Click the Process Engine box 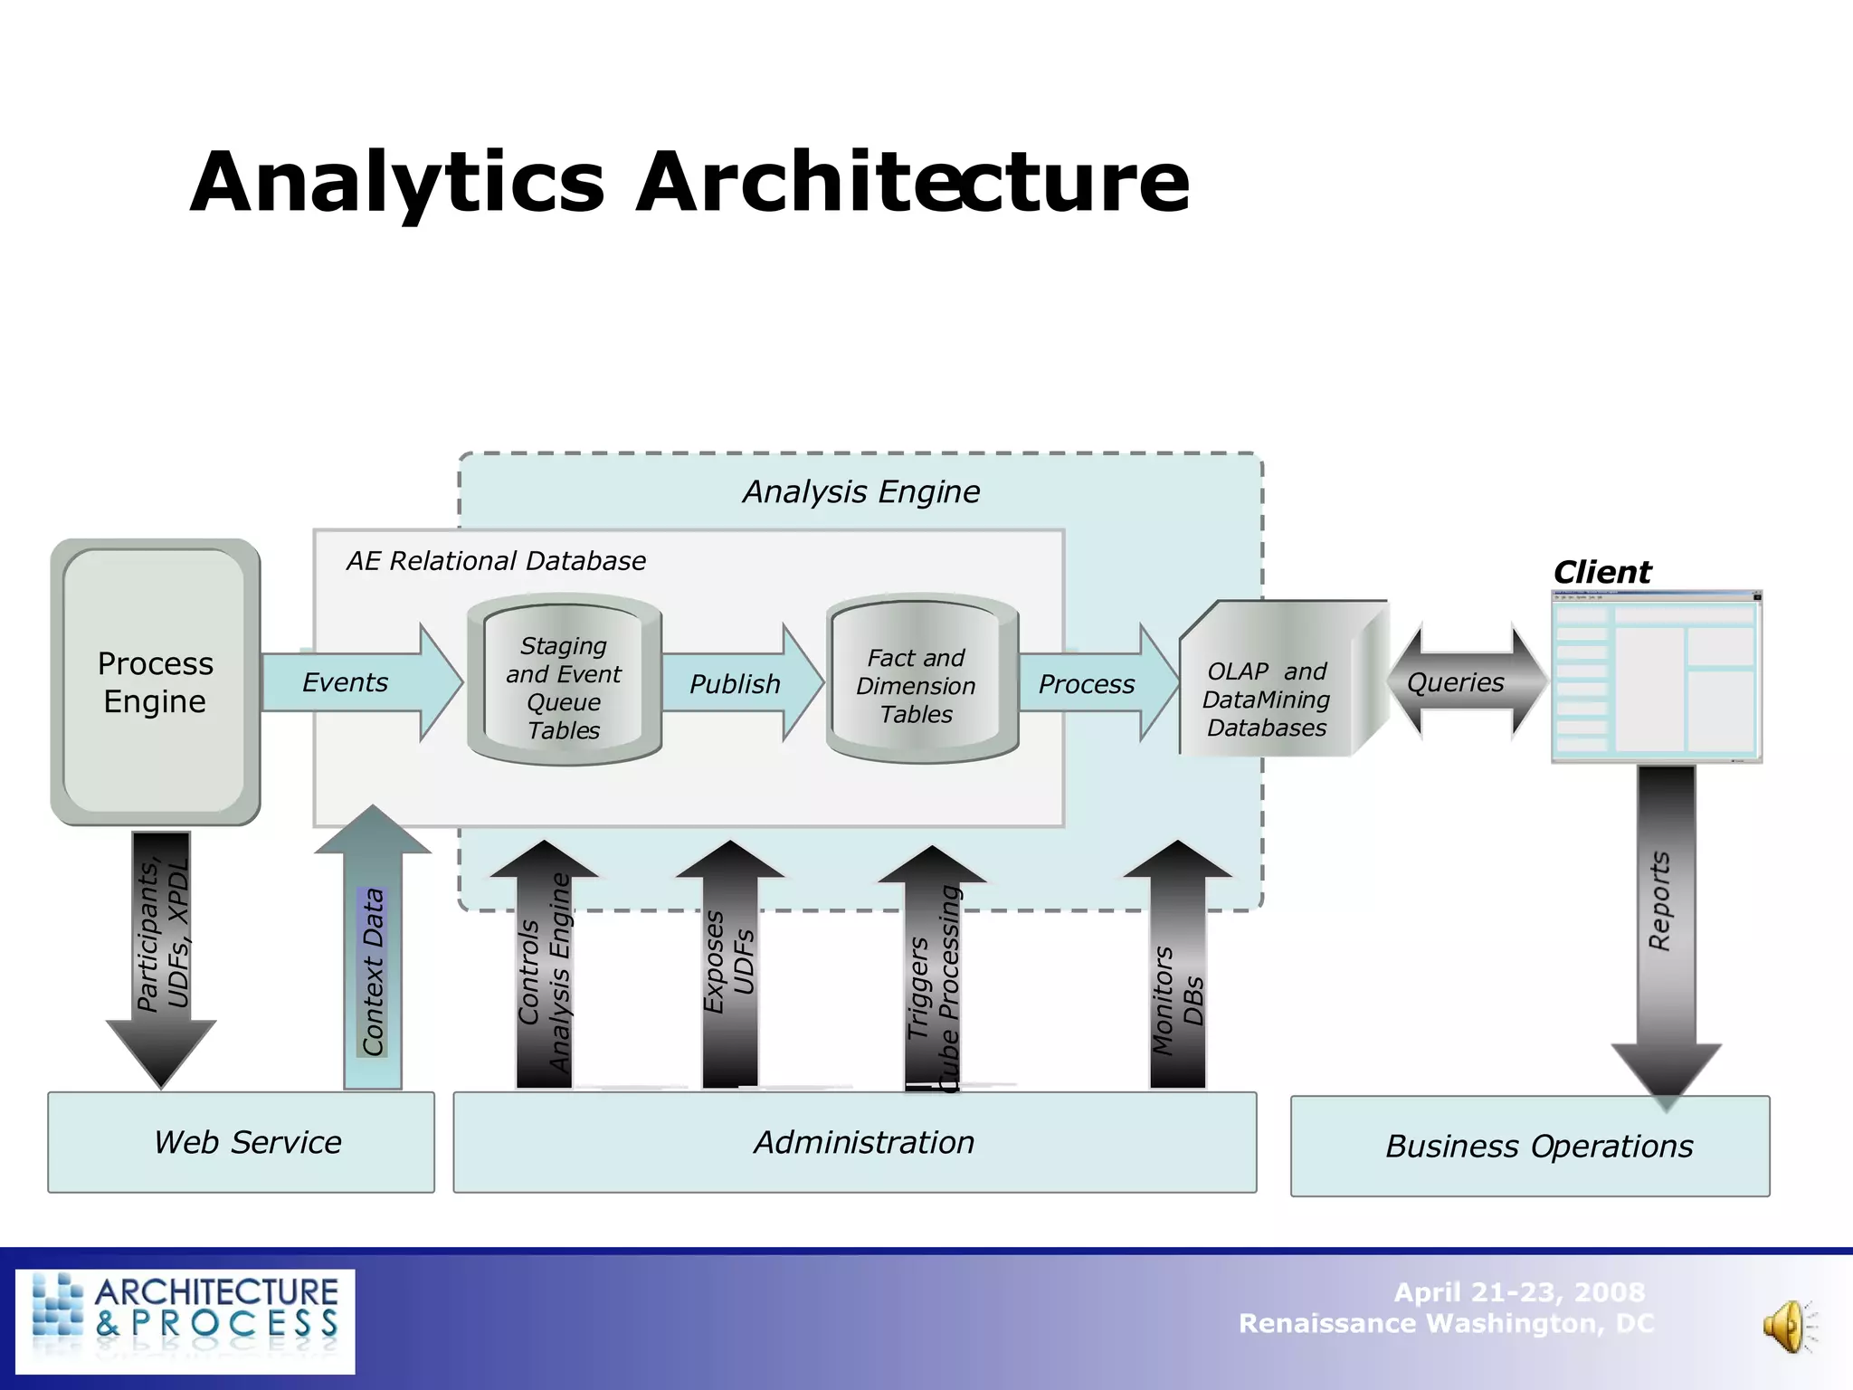[x=155, y=681]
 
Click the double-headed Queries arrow [x=1466, y=681]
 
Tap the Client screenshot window [x=1656, y=677]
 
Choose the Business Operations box [x=1530, y=1146]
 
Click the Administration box [x=855, y=1142]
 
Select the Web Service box [x=242, y=1142]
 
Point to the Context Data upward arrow [x=373, y=959]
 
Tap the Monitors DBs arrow [x=1177, y=977]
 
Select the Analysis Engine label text [x=860, y=491]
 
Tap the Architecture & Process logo [x=185, y=1320]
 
